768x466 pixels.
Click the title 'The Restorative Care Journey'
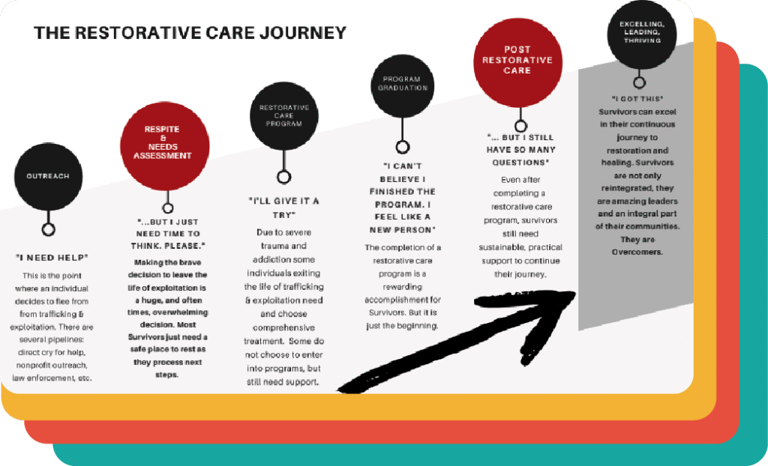[190, 33]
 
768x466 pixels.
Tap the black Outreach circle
[48, 176]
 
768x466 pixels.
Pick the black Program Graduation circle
[402, 83]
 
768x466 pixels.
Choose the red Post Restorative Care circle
[517, 60]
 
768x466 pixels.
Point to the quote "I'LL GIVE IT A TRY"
[283, 208]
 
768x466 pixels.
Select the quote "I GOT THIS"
[637, 99]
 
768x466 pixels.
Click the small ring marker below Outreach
[49, 229]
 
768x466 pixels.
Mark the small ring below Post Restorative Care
[520, 126]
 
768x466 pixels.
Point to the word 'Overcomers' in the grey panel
[637, 252]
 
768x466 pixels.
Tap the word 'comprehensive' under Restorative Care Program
[283, 328]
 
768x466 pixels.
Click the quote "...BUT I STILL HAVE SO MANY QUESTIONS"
[519, 150]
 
